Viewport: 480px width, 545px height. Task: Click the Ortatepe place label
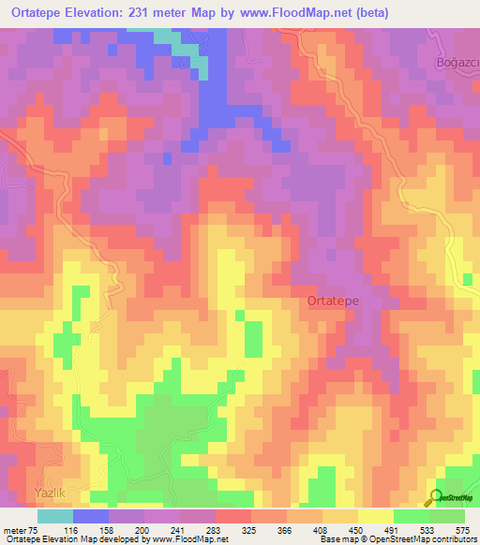(x=331, y=302)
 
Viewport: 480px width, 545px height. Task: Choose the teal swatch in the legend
(x=54, y=516)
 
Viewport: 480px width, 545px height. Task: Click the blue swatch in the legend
(x=90, y=516)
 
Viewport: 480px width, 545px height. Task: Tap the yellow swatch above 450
(x=375, y=516)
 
